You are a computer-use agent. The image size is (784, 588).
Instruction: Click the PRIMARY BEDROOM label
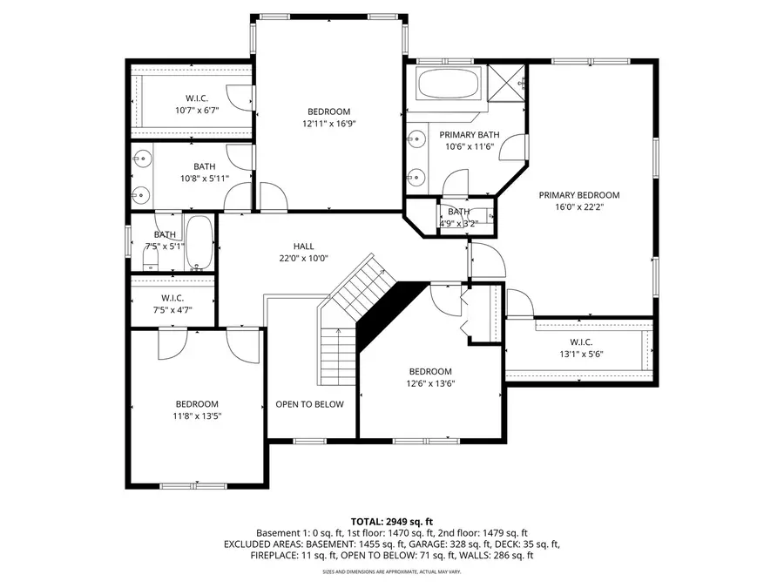[x=578, y=195]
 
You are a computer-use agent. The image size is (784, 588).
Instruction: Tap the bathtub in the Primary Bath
[x=444, y=85]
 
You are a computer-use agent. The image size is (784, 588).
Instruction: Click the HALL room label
[x=303, y=247]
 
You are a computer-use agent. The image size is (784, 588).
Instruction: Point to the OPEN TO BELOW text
[x=310, y=404]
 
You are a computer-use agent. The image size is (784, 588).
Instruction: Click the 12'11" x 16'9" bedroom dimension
[x=328, y=124]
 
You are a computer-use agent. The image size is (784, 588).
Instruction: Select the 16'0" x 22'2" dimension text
[x=578, y=207]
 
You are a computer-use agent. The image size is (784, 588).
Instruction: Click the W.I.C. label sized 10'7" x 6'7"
[x=197, y=98]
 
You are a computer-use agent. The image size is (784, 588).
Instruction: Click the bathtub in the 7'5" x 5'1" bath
[x=199, y=244]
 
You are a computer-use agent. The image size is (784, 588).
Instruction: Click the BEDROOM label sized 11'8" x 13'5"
[x=197, y=403]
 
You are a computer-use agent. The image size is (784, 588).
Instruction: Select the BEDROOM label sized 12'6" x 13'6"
[x=430, y=371]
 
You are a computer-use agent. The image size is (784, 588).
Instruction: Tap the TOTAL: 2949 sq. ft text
[x=392, y=519]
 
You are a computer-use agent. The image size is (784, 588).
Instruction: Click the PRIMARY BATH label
[x=469, y=135]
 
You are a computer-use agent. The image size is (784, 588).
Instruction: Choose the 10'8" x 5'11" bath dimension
[x=204, y=179]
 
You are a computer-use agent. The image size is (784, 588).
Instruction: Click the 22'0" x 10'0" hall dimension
[x=303, y=259]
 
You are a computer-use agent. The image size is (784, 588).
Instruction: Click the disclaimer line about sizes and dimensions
[x=392, y=571]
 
